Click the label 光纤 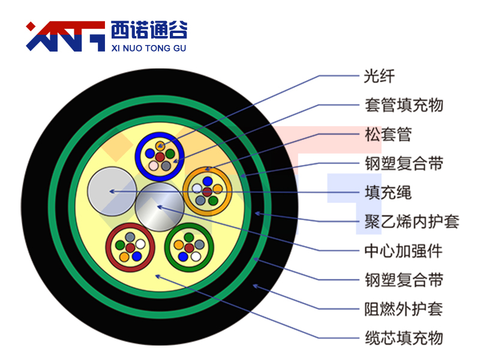coord(379,76)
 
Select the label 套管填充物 coord(404,106)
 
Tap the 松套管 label coord(388,134)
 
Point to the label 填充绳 coord(388,193)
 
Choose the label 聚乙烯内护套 coord(412,221)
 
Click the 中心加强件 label coord(403,251)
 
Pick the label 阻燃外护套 coord(403,309)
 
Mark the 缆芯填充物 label coord(404,338)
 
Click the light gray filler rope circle coord(112,191)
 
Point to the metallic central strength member coord(160,207)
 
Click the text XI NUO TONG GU coord(148,49)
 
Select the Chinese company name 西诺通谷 coord(149,29)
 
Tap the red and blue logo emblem coord(65,36)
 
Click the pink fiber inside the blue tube coord(154,166)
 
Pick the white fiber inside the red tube coord(140,244)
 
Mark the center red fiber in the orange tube coord(207,192)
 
